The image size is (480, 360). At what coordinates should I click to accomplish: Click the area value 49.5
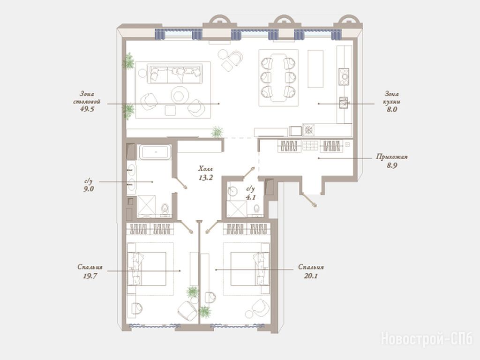(x=87, y=109)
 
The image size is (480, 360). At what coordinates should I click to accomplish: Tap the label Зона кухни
(x=391, y=97)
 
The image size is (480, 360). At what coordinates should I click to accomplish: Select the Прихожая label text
(x=392, y=157)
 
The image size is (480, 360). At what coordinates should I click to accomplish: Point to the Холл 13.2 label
(x=205, y=173)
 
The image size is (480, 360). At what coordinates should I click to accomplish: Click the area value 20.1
(x=311, y=276)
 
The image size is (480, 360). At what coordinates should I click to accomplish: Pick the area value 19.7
(x=90, y=276)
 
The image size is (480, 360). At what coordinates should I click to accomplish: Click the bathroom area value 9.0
(x=89, y=189)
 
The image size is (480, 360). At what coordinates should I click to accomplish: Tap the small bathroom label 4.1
(x=251, y=197)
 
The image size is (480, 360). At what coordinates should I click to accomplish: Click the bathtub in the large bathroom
(x=155, y=152)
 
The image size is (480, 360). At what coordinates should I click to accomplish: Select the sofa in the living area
(x=175, y=74)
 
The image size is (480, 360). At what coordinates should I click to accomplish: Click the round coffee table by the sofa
(x=180, y=95)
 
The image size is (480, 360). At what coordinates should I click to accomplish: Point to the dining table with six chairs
(x=278, y=78)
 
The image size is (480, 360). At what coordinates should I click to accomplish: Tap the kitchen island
(x=315, y=69)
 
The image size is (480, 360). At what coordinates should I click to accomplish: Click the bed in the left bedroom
(x=147, y=269)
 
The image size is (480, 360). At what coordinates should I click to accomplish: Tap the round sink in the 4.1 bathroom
(x=232, y=190)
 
